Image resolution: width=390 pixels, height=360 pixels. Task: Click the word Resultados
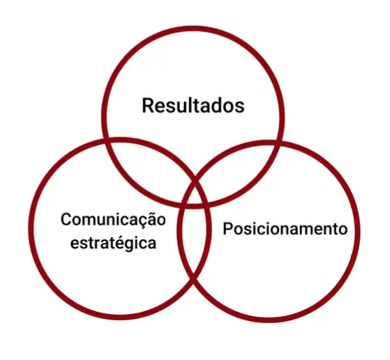(x=193, y=106)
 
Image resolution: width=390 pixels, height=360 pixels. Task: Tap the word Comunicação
(x=113, y=220)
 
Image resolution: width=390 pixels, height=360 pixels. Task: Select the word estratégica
(x=114, y=243)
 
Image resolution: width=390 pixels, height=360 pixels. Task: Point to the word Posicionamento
(x=285, y=229)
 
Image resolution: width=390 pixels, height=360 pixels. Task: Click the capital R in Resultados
(x=147, y=106)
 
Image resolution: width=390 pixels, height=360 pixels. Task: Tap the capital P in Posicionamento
(x=227, y=228)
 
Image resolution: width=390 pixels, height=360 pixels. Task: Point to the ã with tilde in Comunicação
(x=151, y=219)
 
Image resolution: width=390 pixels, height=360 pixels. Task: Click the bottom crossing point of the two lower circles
(x=194, y=280)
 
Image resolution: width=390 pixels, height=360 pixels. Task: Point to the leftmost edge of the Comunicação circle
(x=31, y=228)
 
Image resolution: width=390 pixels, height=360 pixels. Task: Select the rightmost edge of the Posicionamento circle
(x=357, y=232)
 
